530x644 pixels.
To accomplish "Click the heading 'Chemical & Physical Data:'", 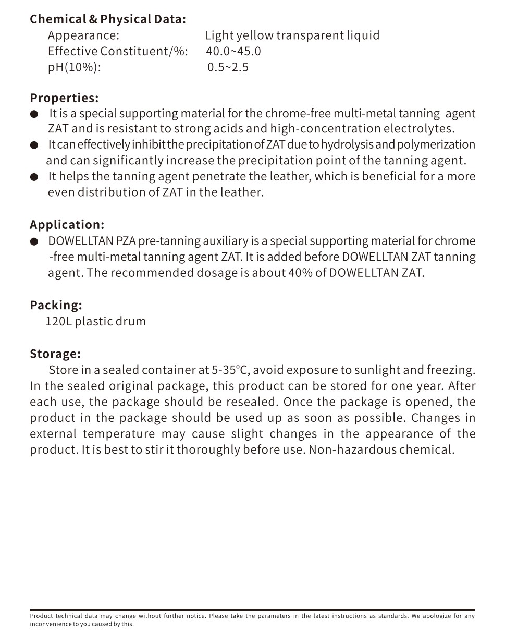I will click(x=108, y=19).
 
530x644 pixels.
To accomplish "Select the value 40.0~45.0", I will click(x=233, y=51).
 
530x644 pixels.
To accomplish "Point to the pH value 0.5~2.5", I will click(x=228, y=67).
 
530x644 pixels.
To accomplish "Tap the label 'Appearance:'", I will click(x=83, y=35).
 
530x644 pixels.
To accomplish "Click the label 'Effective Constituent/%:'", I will click(x=118, y=51).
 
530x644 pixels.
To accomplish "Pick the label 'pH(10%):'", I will click(x=74, y=67).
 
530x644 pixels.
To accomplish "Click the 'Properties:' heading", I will click(x=64, y=98).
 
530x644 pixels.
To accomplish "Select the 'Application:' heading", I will click(x=67, y=225).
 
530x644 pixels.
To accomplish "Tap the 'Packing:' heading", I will click(x=56, y=305).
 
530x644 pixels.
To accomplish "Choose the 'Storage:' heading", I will click(x=55, y=354).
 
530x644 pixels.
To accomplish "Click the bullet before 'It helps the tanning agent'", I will click(x=34, y=177).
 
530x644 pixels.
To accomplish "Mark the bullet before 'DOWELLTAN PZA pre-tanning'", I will click(x=34, y=241).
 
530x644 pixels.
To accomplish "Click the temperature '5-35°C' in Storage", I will click(x=230, y=370).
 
